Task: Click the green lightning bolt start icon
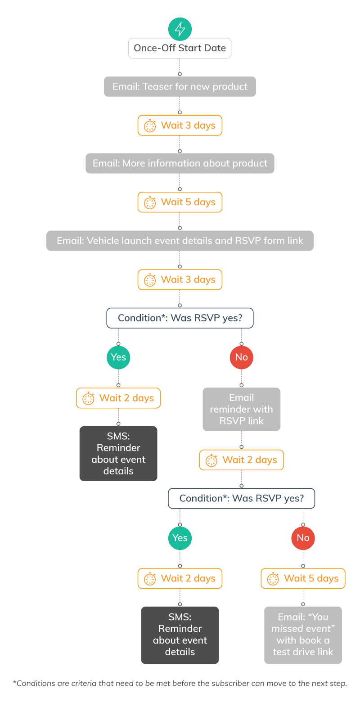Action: click(x=180, y=29)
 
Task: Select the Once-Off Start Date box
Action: click(x=180, y=48)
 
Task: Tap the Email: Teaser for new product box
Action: click(x=180, y=86)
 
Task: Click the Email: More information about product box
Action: click(x=180, y=163)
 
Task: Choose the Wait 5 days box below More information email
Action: click(x=180, y=202)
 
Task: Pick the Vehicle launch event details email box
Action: click(x=180, y=241)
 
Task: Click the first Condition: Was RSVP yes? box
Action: click(x=180, y=318)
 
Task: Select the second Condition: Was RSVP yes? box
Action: click(x=241, y=499)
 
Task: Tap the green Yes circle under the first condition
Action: click(x=118, y=357)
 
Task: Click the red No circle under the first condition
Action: click(x=241, y=357)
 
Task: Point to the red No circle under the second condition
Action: click(x=303, y=538)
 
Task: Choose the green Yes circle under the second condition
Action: click(x=180, y=538)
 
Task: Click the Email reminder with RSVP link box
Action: click(x=241, y=409)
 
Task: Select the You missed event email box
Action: click(x=303, y=635)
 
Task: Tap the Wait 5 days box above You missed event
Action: click(x=303, y=578)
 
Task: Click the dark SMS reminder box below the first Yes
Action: click(x=118, y=453)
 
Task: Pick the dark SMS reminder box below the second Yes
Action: click(x=180, y=635)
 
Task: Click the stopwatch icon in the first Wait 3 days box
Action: click(x=150, y=126)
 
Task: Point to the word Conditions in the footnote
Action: click(x=36, y=684)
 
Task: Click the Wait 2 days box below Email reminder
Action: click(x=241, y=460)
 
